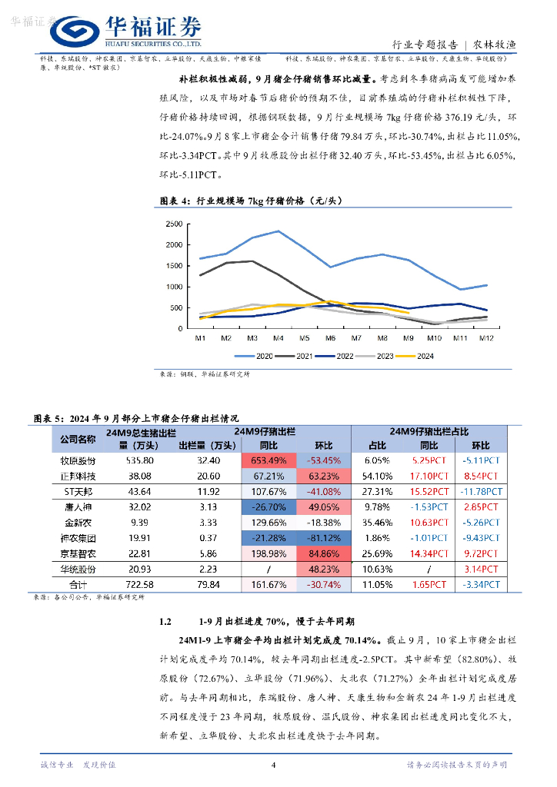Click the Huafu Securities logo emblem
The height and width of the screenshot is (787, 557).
coord(75,30)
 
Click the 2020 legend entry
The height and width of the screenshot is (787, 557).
coord(259,356)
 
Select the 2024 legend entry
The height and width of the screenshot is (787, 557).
coord(419,356)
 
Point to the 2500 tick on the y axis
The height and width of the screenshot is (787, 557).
coord(174,224)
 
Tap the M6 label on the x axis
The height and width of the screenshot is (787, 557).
coord(330,338)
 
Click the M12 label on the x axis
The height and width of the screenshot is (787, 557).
coord(485,338)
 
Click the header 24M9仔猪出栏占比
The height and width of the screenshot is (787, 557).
coord(429,432)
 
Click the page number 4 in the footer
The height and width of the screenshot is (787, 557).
coord(273,765)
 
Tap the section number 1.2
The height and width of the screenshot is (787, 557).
coord(164,620)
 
